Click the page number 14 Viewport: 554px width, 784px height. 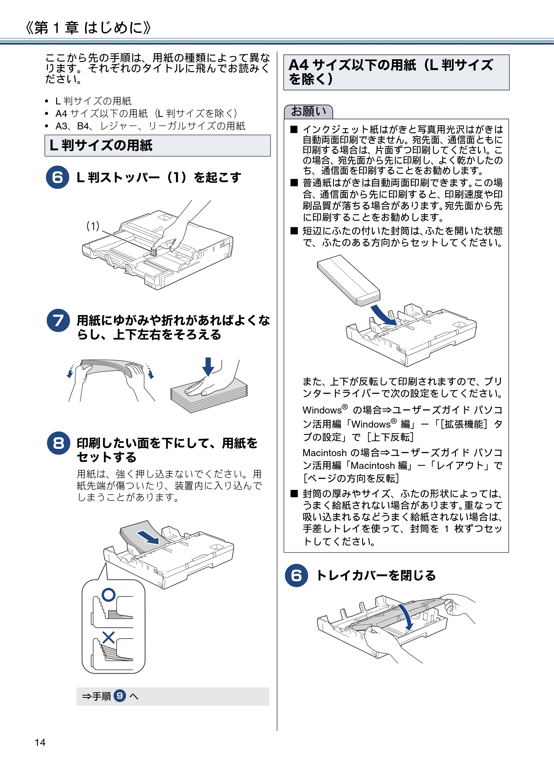pyautogui.click(x=40, y=742)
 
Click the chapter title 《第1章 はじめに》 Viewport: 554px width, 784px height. pyautogui.click(x=88, y=27)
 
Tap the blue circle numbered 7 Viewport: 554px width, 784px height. pyautogui.click(x=58, y=321)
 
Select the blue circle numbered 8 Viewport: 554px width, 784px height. pyautogui.click(x=58, y=443)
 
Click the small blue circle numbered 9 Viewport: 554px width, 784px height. pyautogui.click(x=120, y=696)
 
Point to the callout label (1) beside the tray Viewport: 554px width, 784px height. pyautogui.click(x=93, y=226)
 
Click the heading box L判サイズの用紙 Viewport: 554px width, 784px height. pyautogui.click(x=157, y=145)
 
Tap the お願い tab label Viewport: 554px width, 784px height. pyautogui.click(x=308, y=112)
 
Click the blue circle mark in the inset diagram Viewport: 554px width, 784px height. pyautogui.click(x=109, y=595)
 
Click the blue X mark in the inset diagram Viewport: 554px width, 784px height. pyautogui.click(x=109, y=638)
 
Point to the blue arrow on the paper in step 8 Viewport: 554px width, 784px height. pyautogui.click(x=148, y=537)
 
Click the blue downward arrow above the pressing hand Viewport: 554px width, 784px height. pyautogui.click(x=208, y=366)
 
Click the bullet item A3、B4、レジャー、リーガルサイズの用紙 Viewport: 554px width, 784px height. pyautogui.click(x=150, y=126)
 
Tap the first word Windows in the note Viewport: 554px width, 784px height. pyautogui.click(x=322, y=410)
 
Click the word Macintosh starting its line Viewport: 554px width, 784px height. pyautogui.click(x=324, y=453)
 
